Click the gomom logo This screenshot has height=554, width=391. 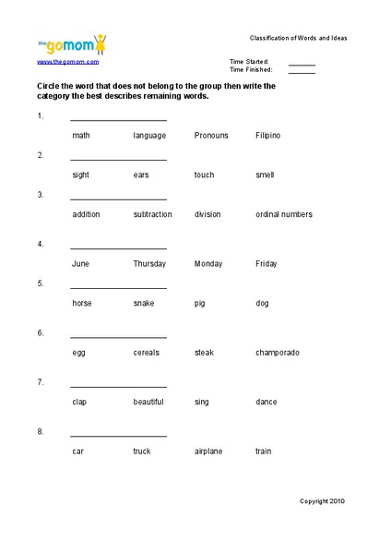[x=71, y=43]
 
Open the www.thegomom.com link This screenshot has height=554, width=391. [x=67, y=62]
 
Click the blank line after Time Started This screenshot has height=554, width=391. [x=302, y=65]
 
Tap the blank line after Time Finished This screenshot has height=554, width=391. [x=302, y=71]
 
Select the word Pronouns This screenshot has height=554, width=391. [x=211, y=136]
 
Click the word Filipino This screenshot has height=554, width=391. [x=267, y=136]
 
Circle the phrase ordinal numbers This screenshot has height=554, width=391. [x=283, y=214]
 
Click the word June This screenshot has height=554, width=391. [x=80, y=264]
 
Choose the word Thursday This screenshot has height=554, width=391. [x=149, y=264]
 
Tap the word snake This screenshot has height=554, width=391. [x=143, y=303]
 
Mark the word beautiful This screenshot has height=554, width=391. [x=148, y=402]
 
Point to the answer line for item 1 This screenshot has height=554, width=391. [x=118, y=119]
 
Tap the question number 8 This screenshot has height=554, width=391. [x=41, y=431]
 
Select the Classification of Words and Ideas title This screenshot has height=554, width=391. [x=298, y=38]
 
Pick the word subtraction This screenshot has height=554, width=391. [x=152, y=214]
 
